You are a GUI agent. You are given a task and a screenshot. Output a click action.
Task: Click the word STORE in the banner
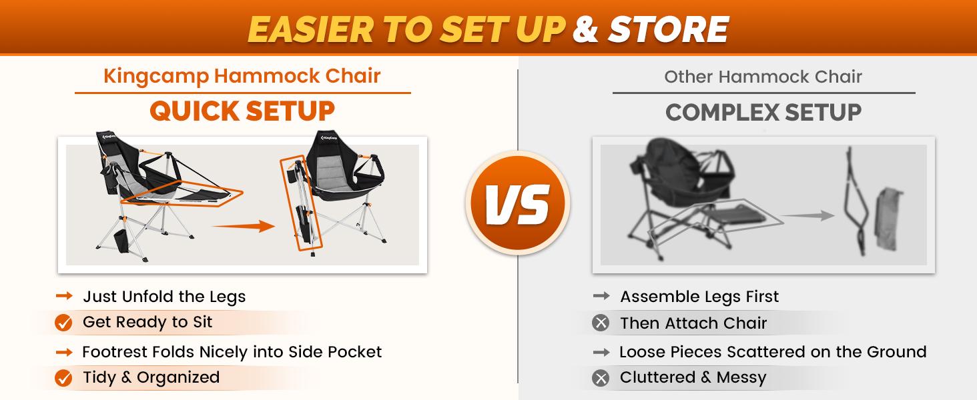669,29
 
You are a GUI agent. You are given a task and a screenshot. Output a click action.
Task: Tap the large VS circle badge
518,203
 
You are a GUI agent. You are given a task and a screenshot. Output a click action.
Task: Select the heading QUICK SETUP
242,111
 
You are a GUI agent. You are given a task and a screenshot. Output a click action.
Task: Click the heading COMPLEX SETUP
763,113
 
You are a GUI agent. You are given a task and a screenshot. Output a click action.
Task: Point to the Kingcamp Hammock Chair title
242,76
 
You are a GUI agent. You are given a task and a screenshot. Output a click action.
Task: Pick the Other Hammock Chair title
763,77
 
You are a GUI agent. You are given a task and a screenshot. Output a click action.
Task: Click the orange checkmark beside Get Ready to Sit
63,323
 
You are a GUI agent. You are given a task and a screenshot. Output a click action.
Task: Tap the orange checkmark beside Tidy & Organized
63,378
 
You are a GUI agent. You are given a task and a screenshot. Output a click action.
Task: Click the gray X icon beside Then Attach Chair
601,323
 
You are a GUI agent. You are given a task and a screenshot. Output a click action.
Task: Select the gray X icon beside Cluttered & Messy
601,378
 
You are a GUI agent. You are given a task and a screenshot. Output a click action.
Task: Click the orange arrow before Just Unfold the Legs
64,296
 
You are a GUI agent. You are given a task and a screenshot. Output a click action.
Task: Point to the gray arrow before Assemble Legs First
601,296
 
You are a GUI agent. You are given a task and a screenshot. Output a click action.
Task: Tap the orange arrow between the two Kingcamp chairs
244,226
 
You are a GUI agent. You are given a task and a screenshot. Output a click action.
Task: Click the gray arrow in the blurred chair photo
807,215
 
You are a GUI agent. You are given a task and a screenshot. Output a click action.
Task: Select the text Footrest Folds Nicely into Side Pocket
232,351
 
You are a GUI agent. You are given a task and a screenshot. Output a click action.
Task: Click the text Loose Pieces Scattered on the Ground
773,351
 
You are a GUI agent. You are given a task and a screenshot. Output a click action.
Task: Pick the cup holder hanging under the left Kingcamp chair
121,242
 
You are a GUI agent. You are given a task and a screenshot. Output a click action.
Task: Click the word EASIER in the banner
310,29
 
